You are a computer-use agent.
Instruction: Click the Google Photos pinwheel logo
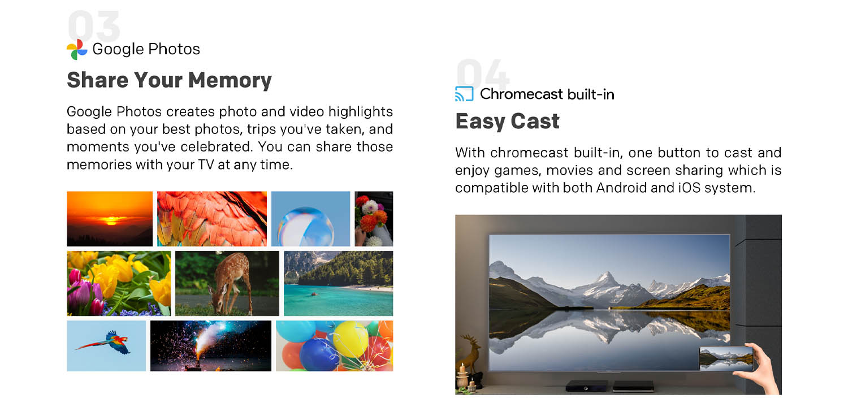(77, 50)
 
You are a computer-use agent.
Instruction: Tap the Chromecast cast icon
(464, 94)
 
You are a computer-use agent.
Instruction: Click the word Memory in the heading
(230, 81)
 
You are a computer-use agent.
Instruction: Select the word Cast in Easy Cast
(535, 121)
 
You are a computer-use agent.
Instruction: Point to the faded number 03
(94, 26)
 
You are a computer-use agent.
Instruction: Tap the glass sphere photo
(311, 219)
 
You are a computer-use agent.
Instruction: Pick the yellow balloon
(350, 339)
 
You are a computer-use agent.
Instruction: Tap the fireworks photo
(211, 346)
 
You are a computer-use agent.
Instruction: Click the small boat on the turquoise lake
(314, 294)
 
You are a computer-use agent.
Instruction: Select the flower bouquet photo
(374, 219)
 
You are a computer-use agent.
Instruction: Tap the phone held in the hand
(726, 358)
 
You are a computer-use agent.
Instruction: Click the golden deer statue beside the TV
(469, 356)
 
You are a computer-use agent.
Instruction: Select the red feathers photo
(212, 219)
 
